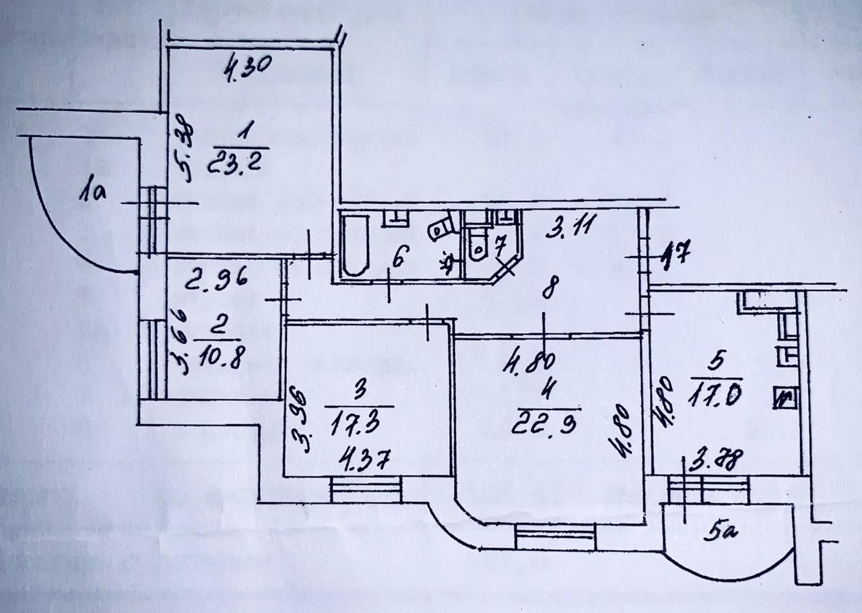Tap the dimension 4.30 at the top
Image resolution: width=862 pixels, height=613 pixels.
246,67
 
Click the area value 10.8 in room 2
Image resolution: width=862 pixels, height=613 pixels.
219,353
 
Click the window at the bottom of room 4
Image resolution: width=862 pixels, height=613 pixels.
556,537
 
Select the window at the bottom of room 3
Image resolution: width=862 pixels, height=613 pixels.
366,489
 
